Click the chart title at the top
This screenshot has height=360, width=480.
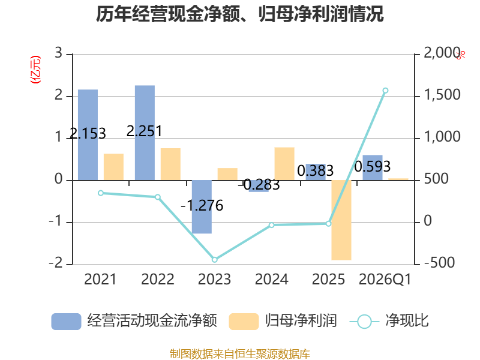click(239, 14)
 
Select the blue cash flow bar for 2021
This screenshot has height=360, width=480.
click(88, 134)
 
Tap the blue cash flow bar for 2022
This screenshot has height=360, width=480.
click(145, 133)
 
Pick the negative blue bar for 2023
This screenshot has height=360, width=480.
click(202, 207)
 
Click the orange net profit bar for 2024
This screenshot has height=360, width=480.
click(284, 164)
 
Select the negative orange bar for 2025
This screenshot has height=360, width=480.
click(341, 220)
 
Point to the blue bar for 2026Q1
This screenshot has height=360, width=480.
click(373, 168)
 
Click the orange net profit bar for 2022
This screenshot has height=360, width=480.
click(170, 164)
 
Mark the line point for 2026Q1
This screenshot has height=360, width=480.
click(386, 91)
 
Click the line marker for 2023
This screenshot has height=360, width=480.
click(215, 260)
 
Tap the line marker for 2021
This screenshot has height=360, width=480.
click(101, 193)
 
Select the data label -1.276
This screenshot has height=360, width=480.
click(202, 205)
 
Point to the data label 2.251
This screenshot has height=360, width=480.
click(144, 131)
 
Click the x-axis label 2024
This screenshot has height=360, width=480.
click(272, 279)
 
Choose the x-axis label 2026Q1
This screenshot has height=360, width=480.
click(385, 279)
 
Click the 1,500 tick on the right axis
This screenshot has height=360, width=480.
click(442, 95)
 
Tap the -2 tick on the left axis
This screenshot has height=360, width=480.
click(56, 263)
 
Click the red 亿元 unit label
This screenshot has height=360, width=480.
click(35, 70)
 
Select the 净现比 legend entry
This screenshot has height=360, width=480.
click(389, 321)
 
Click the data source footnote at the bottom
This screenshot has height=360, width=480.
click(239, 354)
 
